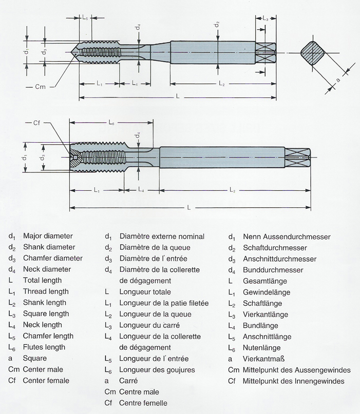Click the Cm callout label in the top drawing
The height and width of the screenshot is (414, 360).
pos(41,87)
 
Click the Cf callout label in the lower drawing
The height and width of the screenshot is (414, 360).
pos(36,123)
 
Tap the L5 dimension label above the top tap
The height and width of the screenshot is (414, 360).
pos(85,17)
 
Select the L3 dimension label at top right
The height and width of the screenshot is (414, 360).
pos(266,18)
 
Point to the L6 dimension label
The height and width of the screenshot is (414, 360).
pos(111,122)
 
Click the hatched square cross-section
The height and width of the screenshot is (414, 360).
pos(312,53)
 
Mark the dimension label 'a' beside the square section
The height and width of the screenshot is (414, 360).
pos(337,80)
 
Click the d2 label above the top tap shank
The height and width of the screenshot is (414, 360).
pos(217,24)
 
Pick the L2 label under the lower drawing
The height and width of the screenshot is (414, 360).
pos(232,190)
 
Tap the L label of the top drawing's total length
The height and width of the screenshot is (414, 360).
pos(178,96)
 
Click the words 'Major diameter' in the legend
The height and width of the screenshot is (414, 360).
pos(48,236)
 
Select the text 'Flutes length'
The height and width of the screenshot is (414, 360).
pos(44,347)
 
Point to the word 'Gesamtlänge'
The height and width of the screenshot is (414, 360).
pos(265,281)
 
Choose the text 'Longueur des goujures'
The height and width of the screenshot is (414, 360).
pos(157,370)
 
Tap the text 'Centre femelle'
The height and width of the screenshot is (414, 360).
pos(143,403)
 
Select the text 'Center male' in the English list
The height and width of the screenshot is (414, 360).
pos(43,369)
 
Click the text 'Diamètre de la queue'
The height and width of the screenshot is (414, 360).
pos(155,248)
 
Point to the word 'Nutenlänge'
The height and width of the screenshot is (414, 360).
pos(262,348)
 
